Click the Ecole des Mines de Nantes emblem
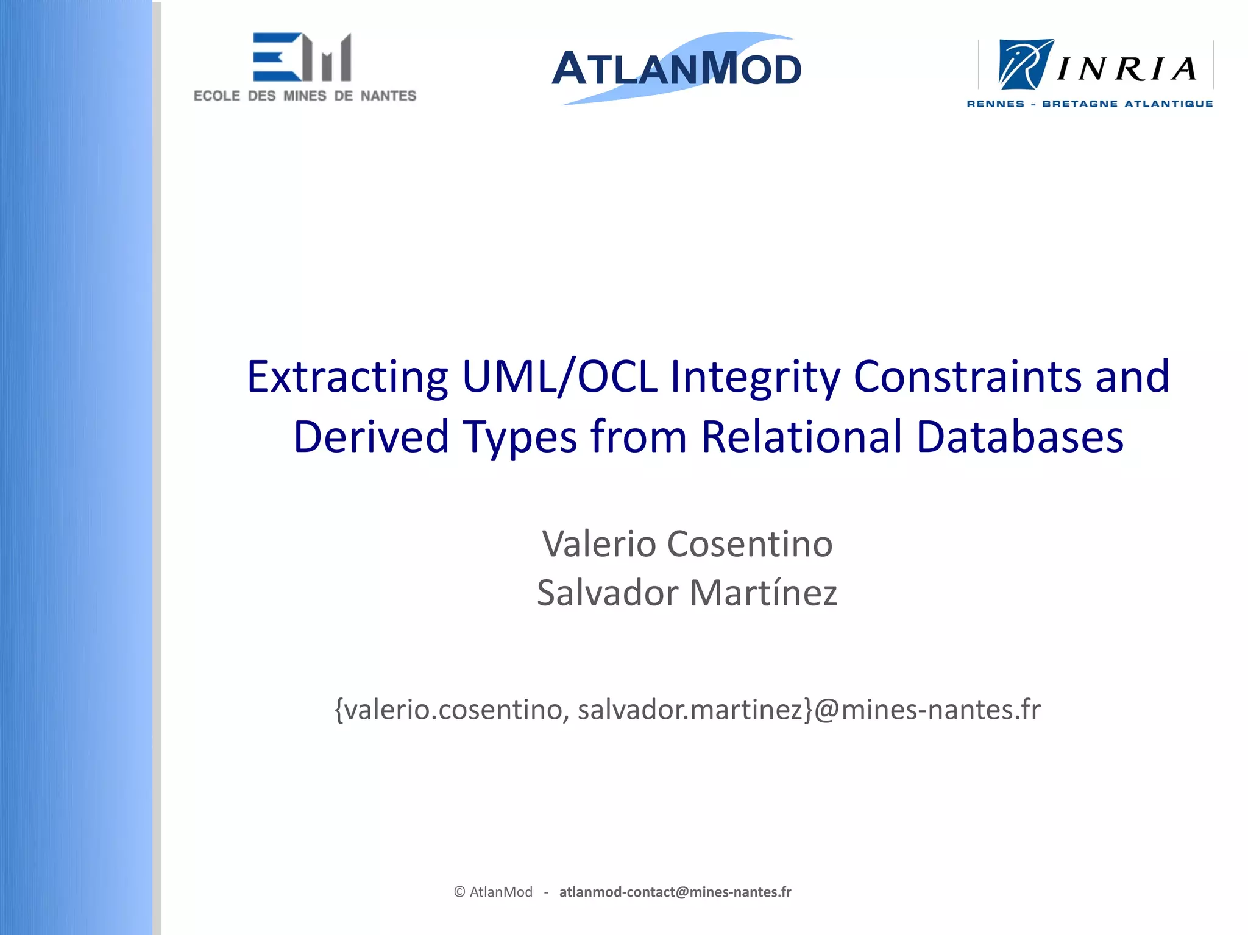(x=302, y=57)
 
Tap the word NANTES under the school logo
(x=388, y=96)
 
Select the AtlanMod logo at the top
(x=676, y=68)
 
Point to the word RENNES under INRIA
(x=995, y=104)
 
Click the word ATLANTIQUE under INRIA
(x=1168, y=104)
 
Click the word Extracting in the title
(x=347, y=377)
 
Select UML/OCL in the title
(x=559, y=377)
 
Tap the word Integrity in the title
(x=755, y=377)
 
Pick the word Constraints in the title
(x=968, y=377)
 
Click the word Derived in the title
(x=371, y=437)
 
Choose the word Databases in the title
(x=1019, y=437)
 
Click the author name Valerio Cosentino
(x=687, y=543)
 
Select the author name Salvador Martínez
(x=687, y=593)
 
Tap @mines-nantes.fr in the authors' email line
(x=927, y=710)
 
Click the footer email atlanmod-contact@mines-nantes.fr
(x=675, y=892)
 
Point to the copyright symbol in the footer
(x=459, y=892)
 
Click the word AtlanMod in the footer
(x=501, y=892)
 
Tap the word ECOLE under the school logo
(x=217, y=96)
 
